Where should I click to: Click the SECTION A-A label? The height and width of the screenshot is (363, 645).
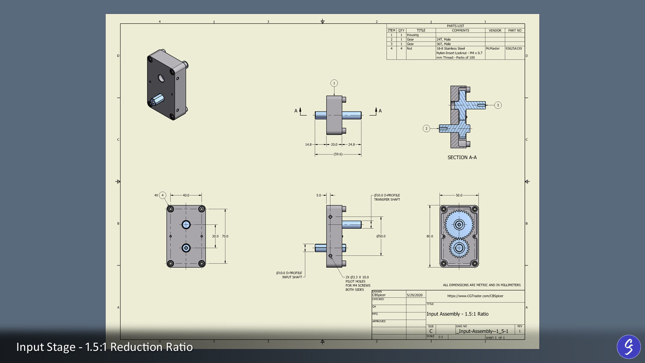[x=462, y=157]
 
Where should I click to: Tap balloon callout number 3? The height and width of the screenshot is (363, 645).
[x=498, y=105]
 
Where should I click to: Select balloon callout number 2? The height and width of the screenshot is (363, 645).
[x=426, y=129]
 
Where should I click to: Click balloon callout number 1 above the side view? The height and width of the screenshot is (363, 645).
[x=334, y=83]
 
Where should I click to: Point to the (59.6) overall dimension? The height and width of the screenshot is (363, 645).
[x=338, y=154]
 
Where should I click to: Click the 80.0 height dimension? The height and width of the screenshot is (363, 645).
[x=430, y=236]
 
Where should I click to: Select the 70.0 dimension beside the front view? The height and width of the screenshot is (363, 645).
[x=225, y=236]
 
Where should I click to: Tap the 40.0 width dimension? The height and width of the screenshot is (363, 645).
[x=186, y=195]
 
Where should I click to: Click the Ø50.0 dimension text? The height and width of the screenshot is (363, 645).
[x=381, y=236]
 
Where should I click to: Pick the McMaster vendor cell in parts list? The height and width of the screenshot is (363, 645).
[x=493, y=48]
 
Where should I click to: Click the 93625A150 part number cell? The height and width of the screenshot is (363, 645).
[x=514, y=48]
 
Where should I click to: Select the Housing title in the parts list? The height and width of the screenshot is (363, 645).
[x=412, y=35]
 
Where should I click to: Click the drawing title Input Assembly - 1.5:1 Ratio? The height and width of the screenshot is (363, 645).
[x=457, y=314]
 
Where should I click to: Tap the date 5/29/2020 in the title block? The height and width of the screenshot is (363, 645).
[x=415, y=295]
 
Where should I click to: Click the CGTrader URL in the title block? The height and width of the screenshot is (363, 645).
[x=475, y=296]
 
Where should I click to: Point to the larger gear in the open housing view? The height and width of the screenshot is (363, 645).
[x=459, y=224]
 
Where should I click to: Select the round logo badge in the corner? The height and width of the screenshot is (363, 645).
[x=628, y=346]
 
